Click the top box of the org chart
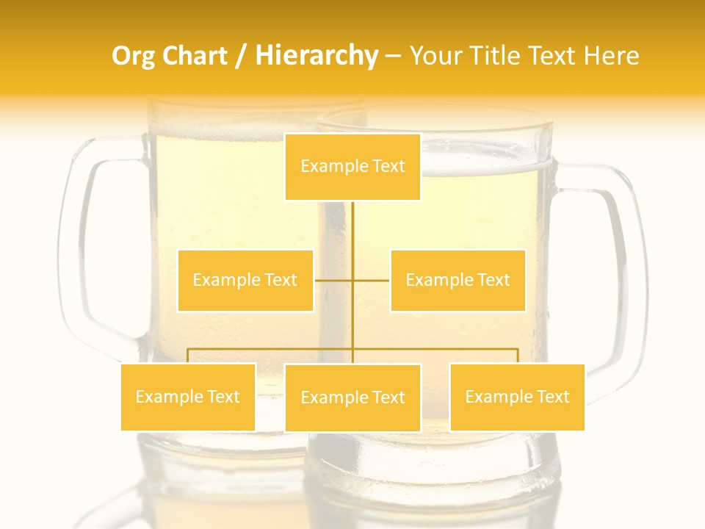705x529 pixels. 352,167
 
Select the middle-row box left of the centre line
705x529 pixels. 245,281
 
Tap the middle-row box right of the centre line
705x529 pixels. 458,281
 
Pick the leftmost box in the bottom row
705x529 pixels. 188,397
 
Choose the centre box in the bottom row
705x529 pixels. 352,398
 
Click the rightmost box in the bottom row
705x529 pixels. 517,397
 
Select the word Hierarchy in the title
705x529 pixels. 316,57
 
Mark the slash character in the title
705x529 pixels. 241,57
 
